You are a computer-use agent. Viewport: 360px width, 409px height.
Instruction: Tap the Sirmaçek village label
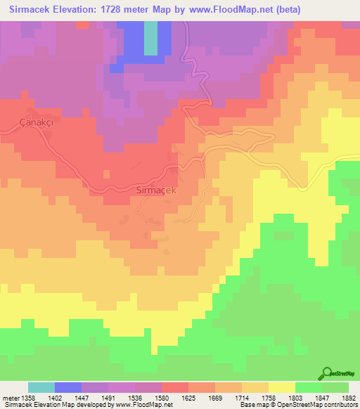click(x=159, y=190)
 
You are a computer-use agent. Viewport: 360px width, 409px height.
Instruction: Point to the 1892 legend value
click(x=348, y=398)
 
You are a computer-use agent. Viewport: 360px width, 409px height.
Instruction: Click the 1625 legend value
click(x=189, y=398)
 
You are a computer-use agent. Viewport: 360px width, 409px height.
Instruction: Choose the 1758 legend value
click(x=269, y=398)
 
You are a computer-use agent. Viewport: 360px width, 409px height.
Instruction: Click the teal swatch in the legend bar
click(x=41, y=387)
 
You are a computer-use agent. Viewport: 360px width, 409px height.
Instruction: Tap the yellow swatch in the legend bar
click(x=281, y=387)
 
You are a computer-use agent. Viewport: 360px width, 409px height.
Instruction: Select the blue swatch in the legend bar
click(x=68, y=387)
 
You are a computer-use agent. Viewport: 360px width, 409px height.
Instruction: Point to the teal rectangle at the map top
click(x=150, y=38)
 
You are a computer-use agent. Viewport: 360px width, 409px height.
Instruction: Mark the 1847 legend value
click(x=323, y=398)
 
